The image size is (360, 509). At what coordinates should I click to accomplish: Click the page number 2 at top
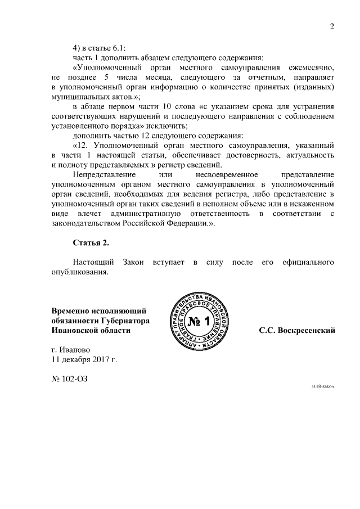(332, 27)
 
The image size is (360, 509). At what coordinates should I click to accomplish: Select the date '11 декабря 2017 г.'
(85, 358)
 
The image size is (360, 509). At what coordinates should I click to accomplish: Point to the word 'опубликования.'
(79, 272)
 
